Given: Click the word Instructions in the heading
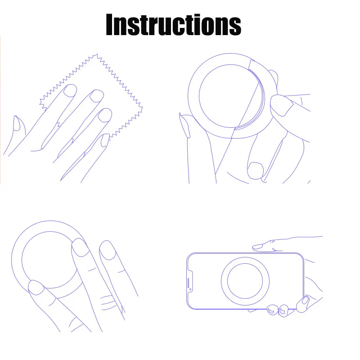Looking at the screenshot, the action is click(x=173, y=24).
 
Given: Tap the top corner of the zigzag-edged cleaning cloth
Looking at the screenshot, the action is click(x=97, y=54).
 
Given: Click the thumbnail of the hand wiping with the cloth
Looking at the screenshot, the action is click(x=17, y=123).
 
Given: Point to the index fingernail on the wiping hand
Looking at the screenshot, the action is click(x=70, y=90).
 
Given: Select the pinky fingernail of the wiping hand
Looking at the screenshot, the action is click(x=105, y=140).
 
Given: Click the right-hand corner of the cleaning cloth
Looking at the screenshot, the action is click(x=142, y=108).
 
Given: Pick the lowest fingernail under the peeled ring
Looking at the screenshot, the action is click(x=256, y=170).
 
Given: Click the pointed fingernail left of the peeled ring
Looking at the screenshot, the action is click(x=184, y=126).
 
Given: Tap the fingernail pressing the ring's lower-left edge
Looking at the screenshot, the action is click(x=36, y=288).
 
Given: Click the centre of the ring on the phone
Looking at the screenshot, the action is click(x=245, y=281).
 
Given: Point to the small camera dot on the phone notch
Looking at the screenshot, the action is click(x=190, y=289).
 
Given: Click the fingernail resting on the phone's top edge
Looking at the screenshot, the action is click(x=257, y=247).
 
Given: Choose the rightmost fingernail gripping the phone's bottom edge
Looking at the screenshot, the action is click(x=306, y=300).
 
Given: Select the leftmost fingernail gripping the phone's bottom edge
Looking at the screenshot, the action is click(x=272, y=310).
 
